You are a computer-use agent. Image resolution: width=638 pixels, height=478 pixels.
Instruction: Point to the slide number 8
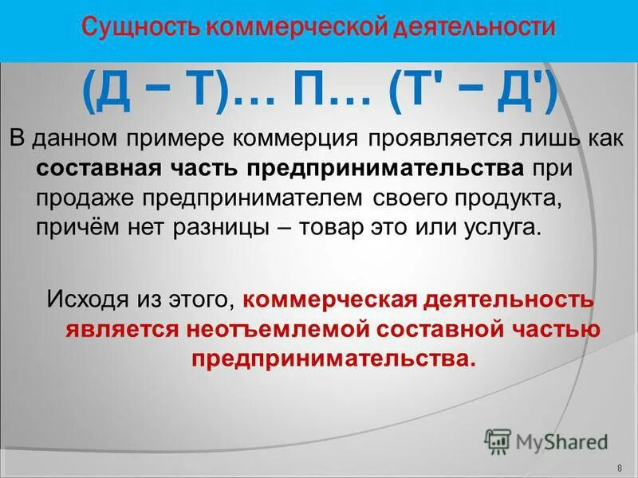coord(620,467)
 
